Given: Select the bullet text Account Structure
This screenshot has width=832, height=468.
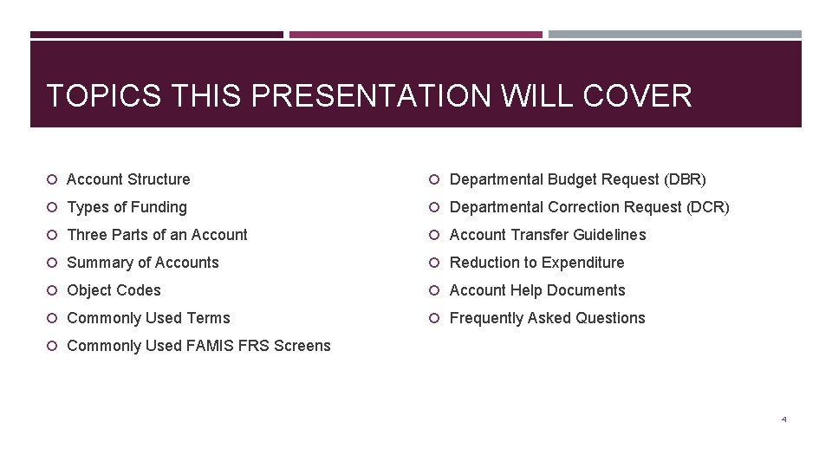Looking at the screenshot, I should [128, 179].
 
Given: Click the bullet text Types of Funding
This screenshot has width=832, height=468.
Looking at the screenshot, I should [127, 207].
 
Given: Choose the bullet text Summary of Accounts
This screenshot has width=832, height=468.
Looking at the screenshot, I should [143, 263].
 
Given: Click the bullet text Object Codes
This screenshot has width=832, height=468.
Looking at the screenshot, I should [114, 290].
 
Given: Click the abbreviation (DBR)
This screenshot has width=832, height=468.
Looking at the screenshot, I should [685, 179].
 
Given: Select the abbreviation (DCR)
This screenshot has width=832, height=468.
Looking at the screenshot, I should [708, 207].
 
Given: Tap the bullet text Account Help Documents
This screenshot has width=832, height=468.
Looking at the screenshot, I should [537, 290].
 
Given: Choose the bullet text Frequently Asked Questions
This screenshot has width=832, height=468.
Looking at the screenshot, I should [548, 318].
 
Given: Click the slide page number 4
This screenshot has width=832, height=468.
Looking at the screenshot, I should [783, 419].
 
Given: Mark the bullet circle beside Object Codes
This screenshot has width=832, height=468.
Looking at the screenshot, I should [53, 290].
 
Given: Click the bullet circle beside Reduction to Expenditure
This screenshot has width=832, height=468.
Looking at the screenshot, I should [436, 263].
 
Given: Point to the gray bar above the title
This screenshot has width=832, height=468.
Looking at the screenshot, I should [674, 35].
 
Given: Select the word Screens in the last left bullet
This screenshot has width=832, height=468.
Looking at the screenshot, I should [302, 346].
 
